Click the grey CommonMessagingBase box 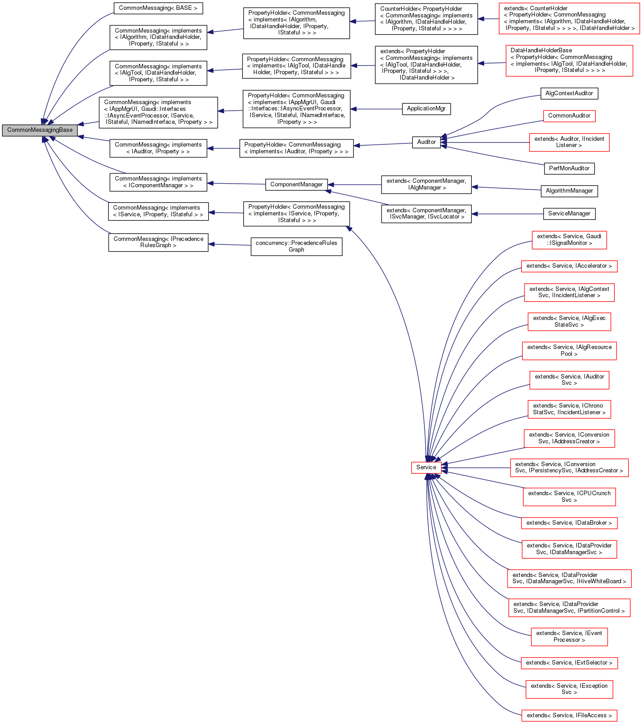(x=39, y=130)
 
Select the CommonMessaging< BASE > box (x=158, y=8)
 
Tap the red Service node (x=426, y=467)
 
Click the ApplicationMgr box (x=426, y=109)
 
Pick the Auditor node (x=426, y=142)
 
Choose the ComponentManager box (x=296, y=185)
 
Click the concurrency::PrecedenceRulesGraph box (x=296, y=246)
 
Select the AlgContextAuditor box (x=569, y=93)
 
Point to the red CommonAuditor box (x=569, y=116)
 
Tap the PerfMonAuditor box (x=569, y=168)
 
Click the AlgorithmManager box (x=569, y=191)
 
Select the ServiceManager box (x=569, y=214)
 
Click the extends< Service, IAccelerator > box (x=569, y=266)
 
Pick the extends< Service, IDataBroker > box (x=569, y=523)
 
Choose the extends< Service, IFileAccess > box (x=569, y=716)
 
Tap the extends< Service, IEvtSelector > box (x=569, y=663)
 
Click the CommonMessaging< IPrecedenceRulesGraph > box (x=158, y=242)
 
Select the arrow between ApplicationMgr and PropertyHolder (x=376, y=109)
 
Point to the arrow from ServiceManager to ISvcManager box (x=507, y=214)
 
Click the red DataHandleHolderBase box (x=569, y=61)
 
